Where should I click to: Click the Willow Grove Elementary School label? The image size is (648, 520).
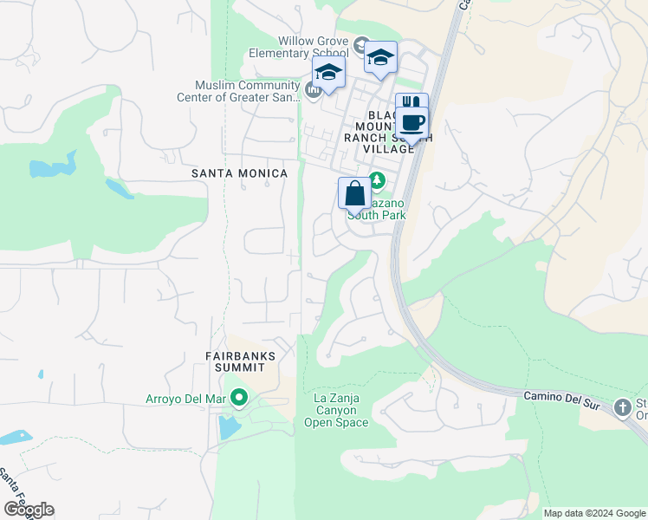pyautogui.click(x=312, y=47)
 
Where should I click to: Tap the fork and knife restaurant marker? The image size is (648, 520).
pyautogui.click(x=411, y=104)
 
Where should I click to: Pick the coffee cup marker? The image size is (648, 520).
pyautogui.click(x=413, y=122)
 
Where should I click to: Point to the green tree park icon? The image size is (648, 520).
pyautogui.click(x=377, y=181)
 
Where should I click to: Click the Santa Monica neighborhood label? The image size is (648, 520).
pyautogui.click(x=239, y=173)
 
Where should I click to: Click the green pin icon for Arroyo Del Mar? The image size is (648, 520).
pyautogui.click(x=240, y=399)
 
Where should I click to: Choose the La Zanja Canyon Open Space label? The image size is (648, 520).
pyautogui.click(x=336, y=410)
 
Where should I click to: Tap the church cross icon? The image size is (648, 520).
pyautogui.click(x=622, y=407)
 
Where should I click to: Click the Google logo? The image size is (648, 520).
pyautogui.click(x=29, y=510)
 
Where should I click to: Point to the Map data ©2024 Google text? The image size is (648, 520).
pyautogui.click(x=594, y=513)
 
